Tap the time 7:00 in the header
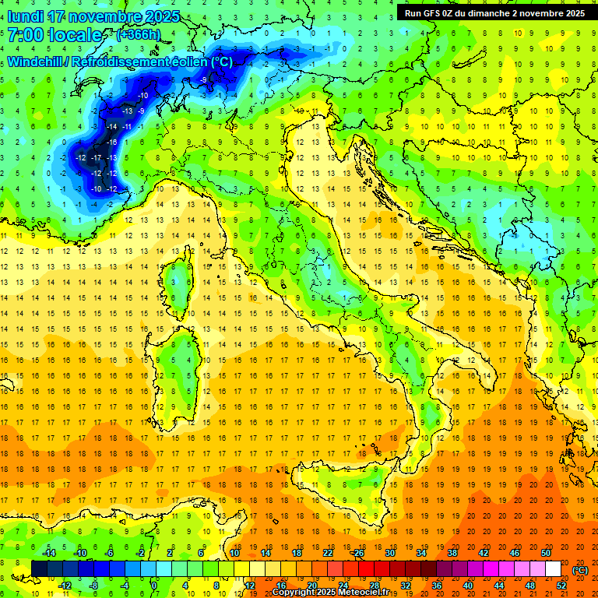click(x=24, y=35)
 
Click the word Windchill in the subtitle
click(x=34, y=62)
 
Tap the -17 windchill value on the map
click(x=97, y=157)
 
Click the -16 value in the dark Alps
click(x=112, y=142)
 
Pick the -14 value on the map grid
click(x=112, y=126)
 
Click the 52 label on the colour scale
click(x=561, y=585)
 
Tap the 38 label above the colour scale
click(x=452, y=553)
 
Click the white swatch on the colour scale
click(x=553, y=568)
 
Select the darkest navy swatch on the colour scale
click(x=39, y=568)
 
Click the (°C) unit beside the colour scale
click(x=580, y=569)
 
